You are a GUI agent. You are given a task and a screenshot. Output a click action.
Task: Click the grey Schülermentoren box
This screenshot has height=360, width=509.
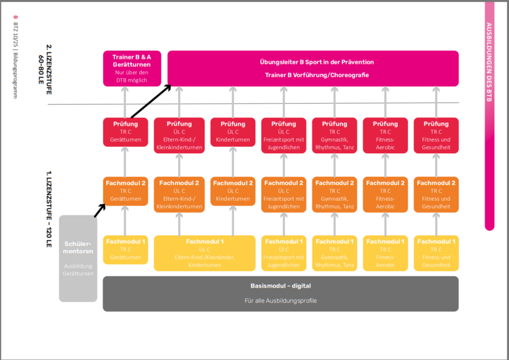78,257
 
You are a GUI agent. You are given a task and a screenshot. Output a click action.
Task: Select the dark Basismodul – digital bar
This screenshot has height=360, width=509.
280,293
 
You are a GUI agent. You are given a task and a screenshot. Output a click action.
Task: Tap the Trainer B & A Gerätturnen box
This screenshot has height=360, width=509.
132,68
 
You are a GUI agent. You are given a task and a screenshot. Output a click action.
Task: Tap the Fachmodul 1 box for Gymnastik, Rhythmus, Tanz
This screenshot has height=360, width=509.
334,252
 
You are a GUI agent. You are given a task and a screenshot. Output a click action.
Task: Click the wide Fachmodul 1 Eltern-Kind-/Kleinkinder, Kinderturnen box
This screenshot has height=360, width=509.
205,252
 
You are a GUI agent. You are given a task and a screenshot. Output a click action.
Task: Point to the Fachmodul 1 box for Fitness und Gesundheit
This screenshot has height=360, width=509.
436,252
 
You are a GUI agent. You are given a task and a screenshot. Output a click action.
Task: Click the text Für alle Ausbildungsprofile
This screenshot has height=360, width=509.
280,301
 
